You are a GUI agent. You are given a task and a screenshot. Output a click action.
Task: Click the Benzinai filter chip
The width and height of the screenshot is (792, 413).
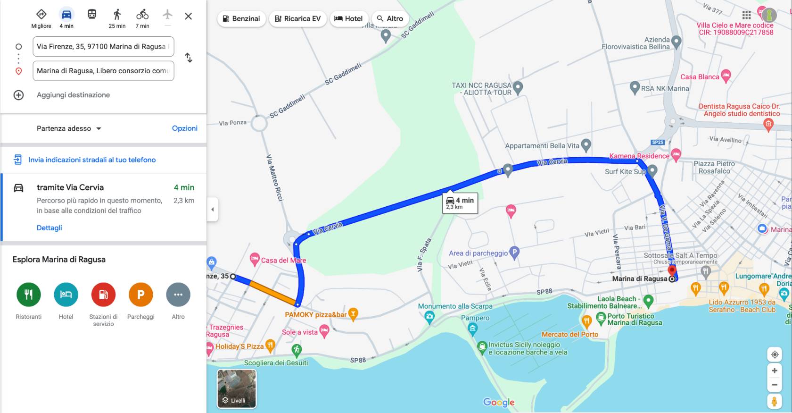[x=241, y=18]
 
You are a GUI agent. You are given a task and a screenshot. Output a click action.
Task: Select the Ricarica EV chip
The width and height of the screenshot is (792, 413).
[x=297, y=18]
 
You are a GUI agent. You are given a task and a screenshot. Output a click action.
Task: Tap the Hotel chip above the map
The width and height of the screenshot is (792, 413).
[x=349, y=18]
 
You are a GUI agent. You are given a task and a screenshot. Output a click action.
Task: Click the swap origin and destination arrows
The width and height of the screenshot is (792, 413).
[x=189, y=58]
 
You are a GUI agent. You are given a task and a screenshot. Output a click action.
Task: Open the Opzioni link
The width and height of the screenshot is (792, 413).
[x=184, y=128]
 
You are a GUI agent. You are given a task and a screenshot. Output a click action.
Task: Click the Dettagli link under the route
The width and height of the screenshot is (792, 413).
[x=49, y=228]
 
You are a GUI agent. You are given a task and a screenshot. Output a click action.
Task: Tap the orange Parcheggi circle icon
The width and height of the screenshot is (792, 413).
[x=140, y=295]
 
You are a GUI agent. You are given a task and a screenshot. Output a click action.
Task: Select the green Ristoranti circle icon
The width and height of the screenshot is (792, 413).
[x=29, y=295]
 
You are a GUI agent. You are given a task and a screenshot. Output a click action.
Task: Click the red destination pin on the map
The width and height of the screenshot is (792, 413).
[x=672, y=271]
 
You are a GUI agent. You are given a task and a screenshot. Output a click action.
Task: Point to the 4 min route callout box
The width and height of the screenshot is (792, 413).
[x=460, y=202]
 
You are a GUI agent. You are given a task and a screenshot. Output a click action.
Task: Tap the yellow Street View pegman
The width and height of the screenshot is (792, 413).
[x=774, y=401]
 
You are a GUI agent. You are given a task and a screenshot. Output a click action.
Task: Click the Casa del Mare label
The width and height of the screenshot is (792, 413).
[x=283, y=260]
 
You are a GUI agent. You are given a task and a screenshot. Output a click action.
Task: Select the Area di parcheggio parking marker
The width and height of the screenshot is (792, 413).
[x=514, y=253]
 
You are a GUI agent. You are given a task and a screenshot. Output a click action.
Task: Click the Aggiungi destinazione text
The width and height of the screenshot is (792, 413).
[x=73, y=95]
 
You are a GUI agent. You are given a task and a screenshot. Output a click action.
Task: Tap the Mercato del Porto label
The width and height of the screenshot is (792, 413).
[x=570, y=334]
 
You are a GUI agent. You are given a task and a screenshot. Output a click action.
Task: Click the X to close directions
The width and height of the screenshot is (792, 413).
[x=188, y=16]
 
